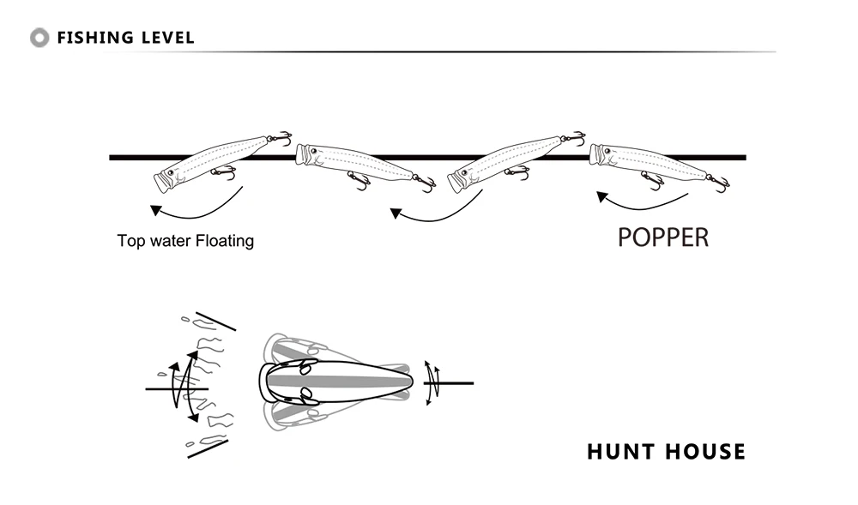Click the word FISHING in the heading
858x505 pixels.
[94, 38]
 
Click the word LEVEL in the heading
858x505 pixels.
[166, 38]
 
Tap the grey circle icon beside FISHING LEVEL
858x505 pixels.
[39, 38]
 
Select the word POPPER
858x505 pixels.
[663, 237]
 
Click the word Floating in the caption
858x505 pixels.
[225, 241]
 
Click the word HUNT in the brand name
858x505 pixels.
[619, 451]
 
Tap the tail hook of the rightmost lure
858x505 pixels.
[719, 183]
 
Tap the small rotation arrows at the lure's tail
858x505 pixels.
[433, 382]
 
